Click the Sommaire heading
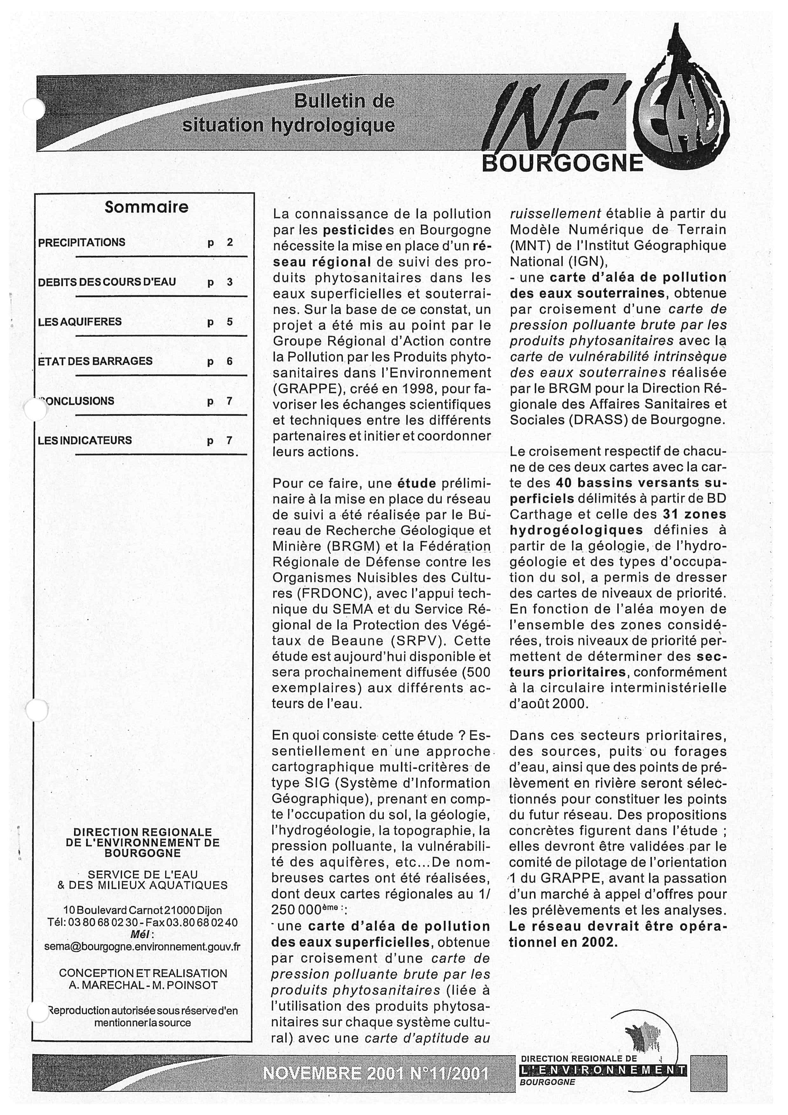[146, 207]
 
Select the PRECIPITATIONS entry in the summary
[82, 242]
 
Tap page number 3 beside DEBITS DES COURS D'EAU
[229, 282]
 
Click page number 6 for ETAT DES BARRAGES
[229, 361]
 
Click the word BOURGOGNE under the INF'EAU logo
[562, 163]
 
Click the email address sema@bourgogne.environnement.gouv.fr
[142, 947]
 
